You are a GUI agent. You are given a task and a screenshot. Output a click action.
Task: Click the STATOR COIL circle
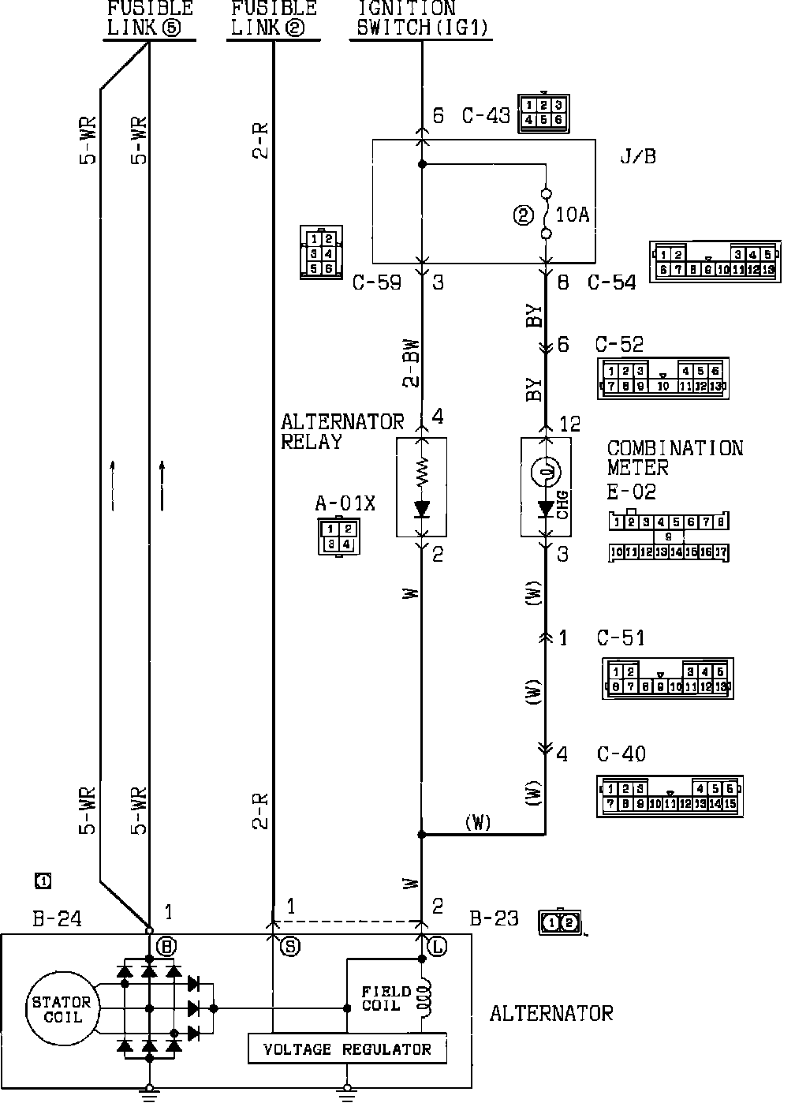click(62, 1009)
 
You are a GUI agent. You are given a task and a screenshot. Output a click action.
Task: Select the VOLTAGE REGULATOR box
click(347, 1049)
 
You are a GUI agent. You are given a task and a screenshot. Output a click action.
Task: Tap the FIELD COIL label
click(386, 998)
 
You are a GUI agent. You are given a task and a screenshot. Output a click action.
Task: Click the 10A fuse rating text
click(573, 215)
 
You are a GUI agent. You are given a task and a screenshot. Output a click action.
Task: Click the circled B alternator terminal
click(166, 947)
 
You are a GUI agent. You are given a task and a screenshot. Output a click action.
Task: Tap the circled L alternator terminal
click(437, 947)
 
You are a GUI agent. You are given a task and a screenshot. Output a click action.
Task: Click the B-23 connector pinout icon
click(561, 922)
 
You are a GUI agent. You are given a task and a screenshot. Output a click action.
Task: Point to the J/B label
click(638, 156)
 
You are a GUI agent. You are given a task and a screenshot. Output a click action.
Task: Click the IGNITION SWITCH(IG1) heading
click(423, 19)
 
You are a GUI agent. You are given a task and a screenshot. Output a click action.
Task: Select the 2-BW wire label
click(410, 363)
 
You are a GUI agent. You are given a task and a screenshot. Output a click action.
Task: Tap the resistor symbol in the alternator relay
click(421, 472)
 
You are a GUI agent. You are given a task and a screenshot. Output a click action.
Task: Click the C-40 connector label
click(621, 754)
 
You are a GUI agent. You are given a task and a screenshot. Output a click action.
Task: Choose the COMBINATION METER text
click(674, 458)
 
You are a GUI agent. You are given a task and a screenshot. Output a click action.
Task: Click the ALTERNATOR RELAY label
click(342, 432)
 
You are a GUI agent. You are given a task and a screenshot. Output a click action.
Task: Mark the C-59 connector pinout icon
click(321, 252)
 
